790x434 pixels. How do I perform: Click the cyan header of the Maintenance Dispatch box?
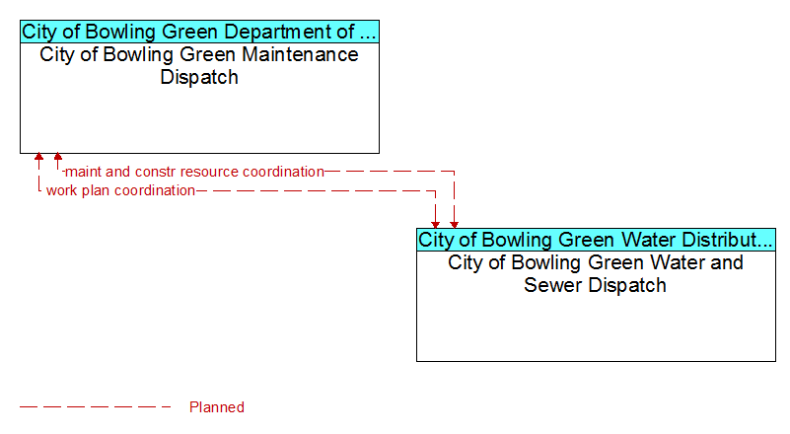pos(199,32)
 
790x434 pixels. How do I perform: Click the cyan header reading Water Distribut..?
pos(596,240)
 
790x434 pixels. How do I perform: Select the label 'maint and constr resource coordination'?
pos(195,172)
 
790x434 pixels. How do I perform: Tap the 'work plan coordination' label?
pos(120,190)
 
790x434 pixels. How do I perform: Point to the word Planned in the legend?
pos(217,407)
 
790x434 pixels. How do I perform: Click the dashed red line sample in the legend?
pos(95,406)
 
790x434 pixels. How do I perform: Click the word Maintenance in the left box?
pos(300,54)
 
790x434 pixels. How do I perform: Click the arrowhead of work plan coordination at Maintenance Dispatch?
pos(38,157)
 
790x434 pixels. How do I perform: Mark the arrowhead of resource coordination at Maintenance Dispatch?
pos(58,157)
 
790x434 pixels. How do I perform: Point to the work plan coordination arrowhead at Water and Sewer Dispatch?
pos(435,225)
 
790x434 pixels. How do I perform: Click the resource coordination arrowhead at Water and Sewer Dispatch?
pos(454,225)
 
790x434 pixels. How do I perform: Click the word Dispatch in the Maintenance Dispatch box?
pos(199,77)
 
